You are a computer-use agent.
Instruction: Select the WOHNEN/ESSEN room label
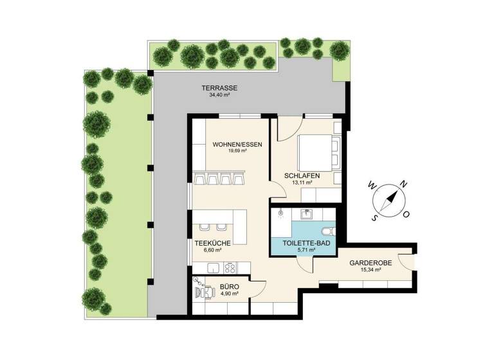tap(237, 145)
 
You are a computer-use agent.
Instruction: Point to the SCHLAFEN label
tap(302, 175)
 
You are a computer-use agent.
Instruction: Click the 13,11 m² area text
tap(302, 183)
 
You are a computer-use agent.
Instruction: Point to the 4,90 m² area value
tap(230, 294)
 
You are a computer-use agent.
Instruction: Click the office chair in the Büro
tap(205, 291)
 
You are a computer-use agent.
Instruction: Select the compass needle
tap(388, 200)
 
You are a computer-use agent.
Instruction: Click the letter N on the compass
tap(403, 184)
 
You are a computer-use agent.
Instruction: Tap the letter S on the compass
tap(374, 217)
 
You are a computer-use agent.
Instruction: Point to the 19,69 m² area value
tap(237, 152)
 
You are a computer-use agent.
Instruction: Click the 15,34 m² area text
tap(368, 271)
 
